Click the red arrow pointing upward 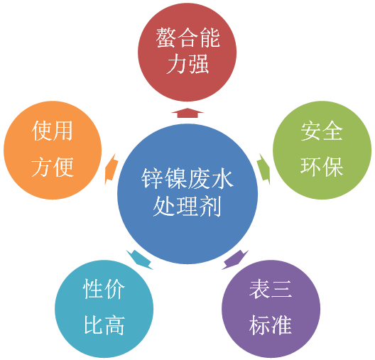tap(187, 113)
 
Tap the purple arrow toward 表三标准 tap(235, 260)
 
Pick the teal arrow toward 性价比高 tap(139, 260)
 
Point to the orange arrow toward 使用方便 tap(112, 169)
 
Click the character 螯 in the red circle tap(166, 38)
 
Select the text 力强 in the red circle tap(187, 64)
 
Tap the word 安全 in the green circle tap(322, 131)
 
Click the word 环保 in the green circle tap(322, 167)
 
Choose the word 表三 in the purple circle tap(271, 290)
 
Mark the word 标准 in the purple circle tap(271, 325)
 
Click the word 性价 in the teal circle tap(104, 289)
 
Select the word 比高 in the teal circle tap(104, 325)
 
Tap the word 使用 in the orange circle tap(52, 131)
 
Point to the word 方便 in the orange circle tap(53, 167)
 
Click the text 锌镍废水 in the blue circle tap(187, 178)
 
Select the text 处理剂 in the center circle tap(187, 207)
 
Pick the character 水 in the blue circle tap(222, 178)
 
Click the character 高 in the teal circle tap(115, 325)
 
